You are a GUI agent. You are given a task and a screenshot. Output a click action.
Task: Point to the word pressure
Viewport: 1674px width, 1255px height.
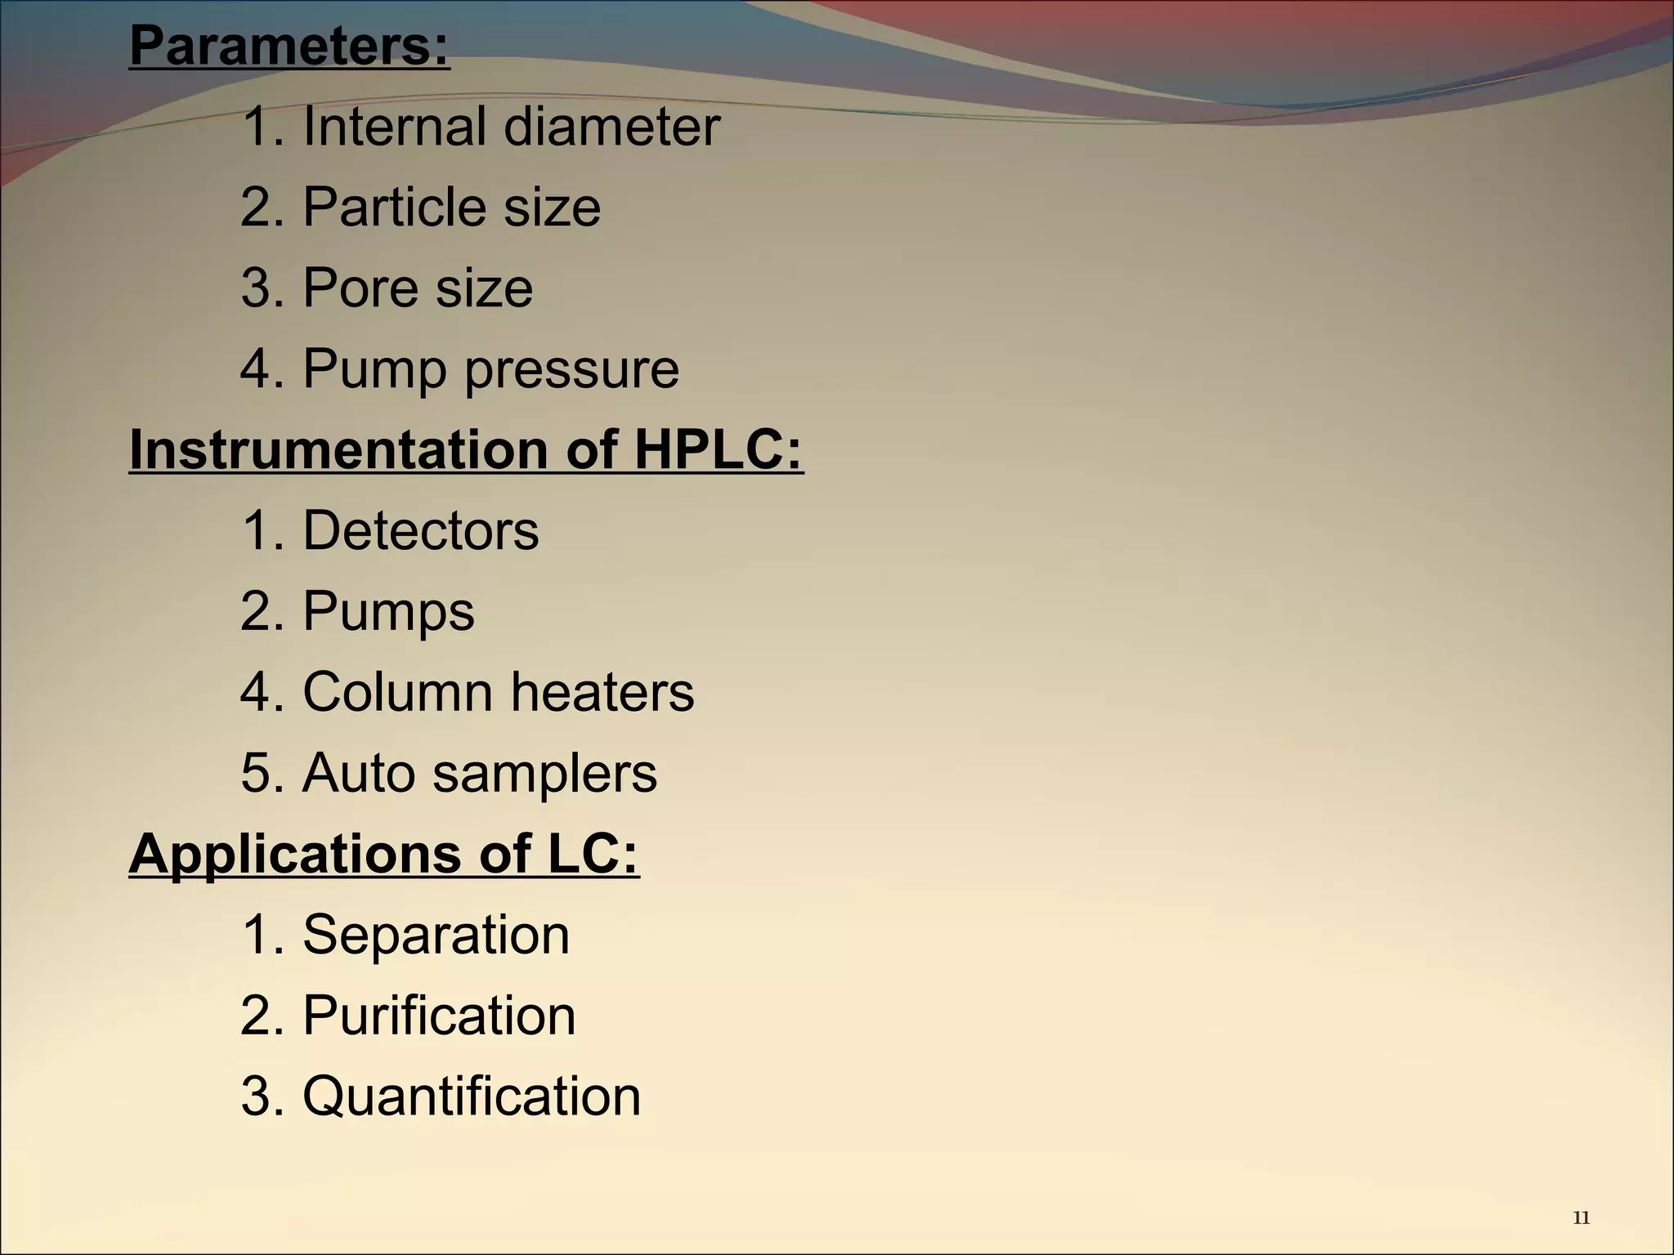572,370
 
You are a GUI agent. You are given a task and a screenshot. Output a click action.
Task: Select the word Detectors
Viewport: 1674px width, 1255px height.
421,530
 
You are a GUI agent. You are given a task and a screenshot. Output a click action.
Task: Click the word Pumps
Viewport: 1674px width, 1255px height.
388,612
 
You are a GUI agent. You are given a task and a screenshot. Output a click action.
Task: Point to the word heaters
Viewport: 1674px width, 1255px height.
602,692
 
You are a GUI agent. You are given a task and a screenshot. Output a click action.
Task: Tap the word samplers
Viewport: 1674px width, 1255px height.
544,773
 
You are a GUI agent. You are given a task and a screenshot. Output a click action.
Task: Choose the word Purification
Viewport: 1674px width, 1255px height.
439,1016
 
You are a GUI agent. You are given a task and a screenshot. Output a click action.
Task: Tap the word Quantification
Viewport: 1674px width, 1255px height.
472,1096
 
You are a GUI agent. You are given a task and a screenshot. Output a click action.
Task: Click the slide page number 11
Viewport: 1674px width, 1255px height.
1581,1218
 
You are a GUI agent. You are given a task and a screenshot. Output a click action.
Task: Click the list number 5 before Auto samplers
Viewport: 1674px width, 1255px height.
255,773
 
